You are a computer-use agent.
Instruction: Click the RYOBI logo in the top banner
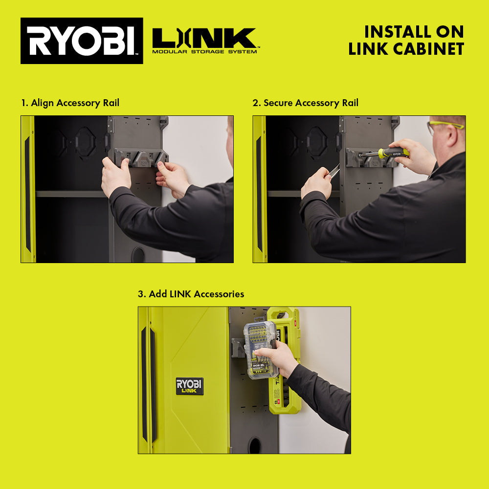pos(82,41)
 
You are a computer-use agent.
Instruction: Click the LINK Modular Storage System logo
pos(204,41)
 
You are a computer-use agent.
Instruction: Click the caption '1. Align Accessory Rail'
pos(70,103)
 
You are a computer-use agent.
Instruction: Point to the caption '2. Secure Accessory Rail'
pos(306,103)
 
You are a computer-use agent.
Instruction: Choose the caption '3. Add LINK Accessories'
pos(191,294)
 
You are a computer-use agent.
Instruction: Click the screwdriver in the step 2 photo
pos(386,153)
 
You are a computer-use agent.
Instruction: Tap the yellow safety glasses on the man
pos(445,126)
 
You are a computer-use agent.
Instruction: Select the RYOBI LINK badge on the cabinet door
pos(190,386)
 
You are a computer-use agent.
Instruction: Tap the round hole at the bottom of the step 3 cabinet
pos(255,445)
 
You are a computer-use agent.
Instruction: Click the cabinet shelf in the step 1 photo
pos(71,194)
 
